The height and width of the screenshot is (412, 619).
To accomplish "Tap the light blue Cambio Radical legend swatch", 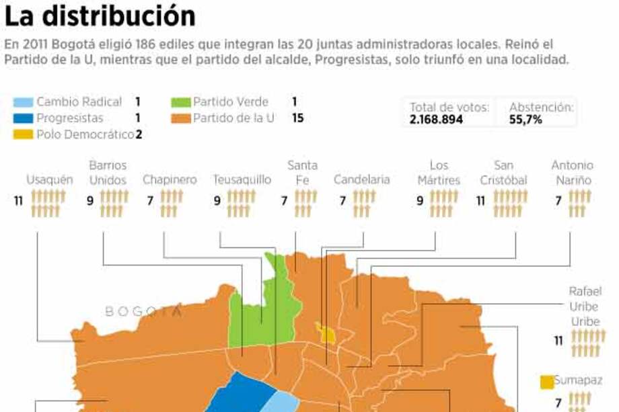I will pos(22,102).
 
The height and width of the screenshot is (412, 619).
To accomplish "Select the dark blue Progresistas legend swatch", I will pos(22,118).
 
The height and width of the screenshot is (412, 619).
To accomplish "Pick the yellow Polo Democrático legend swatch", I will pos(22,134).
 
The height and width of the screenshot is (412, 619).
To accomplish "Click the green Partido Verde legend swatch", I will pos(180,102).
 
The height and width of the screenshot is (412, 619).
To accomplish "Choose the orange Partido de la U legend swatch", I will pos(180,118).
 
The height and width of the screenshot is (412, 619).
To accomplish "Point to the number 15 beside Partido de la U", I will pos(297,118).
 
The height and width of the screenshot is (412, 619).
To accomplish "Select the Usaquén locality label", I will pos(50,180).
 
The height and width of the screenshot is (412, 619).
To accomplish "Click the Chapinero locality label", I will pos(170,180).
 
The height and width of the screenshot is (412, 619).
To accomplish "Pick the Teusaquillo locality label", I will pos(242,180).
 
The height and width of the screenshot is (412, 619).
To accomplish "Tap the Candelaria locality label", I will pos(361,180).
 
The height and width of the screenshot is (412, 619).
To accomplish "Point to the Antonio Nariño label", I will pos(572,172).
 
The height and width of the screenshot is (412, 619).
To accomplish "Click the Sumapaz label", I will pos(578,380).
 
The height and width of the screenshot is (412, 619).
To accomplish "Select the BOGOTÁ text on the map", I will pos(143,311).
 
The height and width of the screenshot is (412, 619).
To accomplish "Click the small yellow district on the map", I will pos(327,333).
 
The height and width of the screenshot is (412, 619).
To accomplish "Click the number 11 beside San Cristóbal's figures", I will pos(480,201).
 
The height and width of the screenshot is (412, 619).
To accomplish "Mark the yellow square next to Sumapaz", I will pos(547,381).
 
